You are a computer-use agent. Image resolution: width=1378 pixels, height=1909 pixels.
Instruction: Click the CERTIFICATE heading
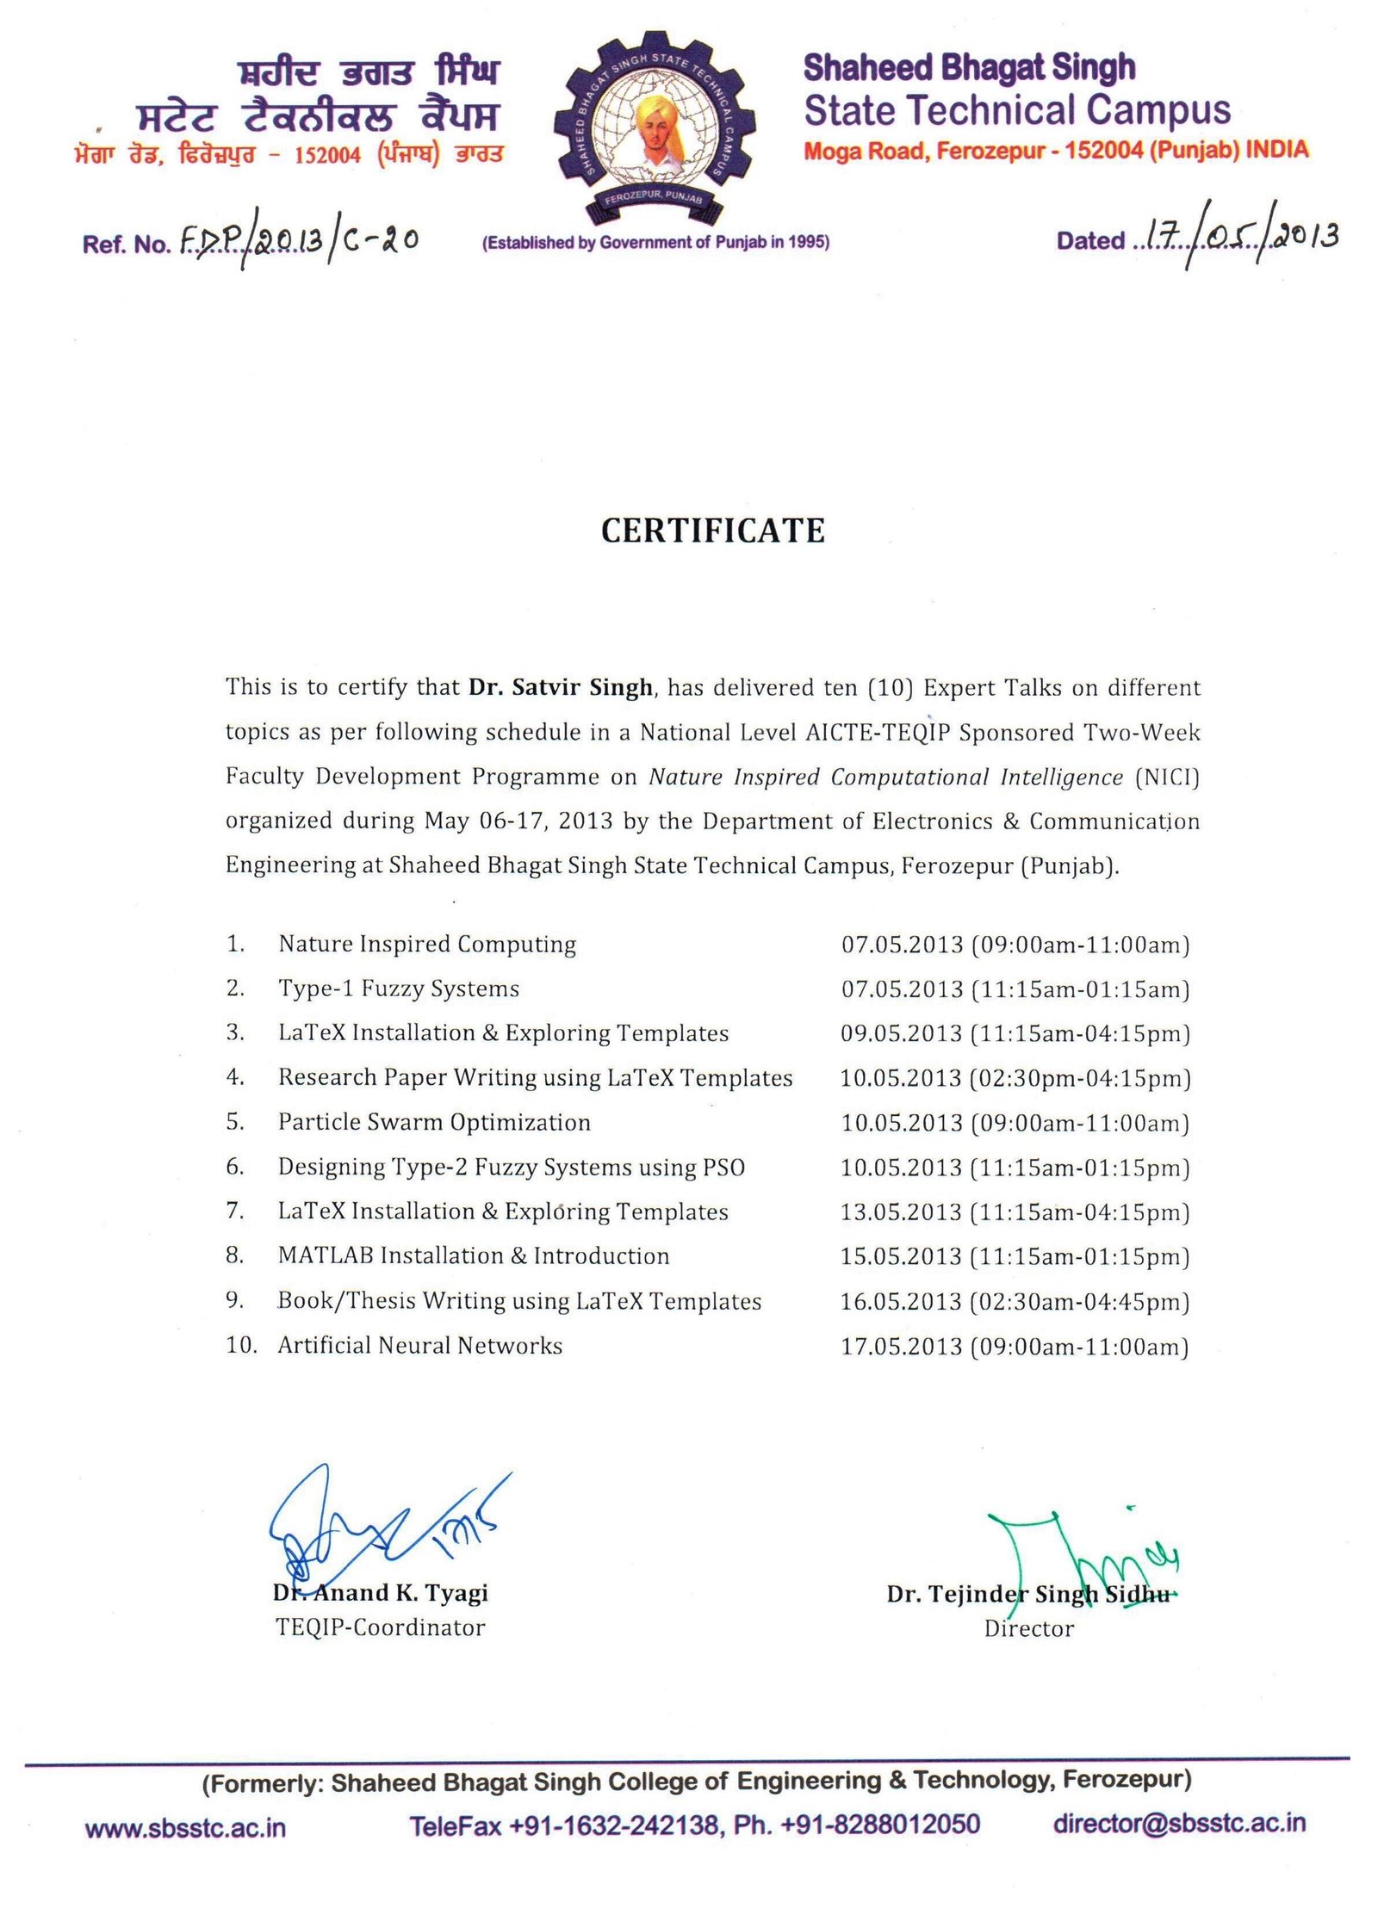(712, 530)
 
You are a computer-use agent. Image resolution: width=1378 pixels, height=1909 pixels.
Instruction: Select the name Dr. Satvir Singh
(561, 687)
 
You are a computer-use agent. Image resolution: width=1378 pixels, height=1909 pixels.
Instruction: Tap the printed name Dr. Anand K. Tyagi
(381, 1593)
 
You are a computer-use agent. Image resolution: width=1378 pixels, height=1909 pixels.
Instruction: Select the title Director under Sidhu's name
(1028, 1628)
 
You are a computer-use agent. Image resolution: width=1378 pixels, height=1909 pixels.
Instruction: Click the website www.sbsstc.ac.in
(185, 1826)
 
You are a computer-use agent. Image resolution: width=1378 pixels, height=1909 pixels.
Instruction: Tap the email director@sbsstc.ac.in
(1179, 1823)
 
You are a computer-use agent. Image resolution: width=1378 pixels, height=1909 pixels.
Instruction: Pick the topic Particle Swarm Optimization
(434, 1122)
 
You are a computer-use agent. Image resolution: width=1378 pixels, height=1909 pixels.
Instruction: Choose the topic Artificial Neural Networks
(419, 1345)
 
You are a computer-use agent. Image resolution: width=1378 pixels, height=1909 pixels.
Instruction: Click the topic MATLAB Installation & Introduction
(473, 1255)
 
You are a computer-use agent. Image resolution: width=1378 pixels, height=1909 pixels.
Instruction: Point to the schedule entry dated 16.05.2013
(1015, 1301)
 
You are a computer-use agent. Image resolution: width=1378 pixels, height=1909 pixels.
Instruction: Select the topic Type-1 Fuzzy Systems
(399, 989)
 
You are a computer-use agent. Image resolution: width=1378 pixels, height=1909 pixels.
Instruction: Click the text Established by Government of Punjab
(655, 243)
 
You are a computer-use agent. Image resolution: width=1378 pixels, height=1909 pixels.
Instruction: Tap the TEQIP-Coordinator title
(380, 1627)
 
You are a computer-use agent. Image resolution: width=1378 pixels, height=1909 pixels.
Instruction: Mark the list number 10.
(241, 1345)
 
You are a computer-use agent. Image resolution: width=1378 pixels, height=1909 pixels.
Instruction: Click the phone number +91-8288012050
(879, 1825)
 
